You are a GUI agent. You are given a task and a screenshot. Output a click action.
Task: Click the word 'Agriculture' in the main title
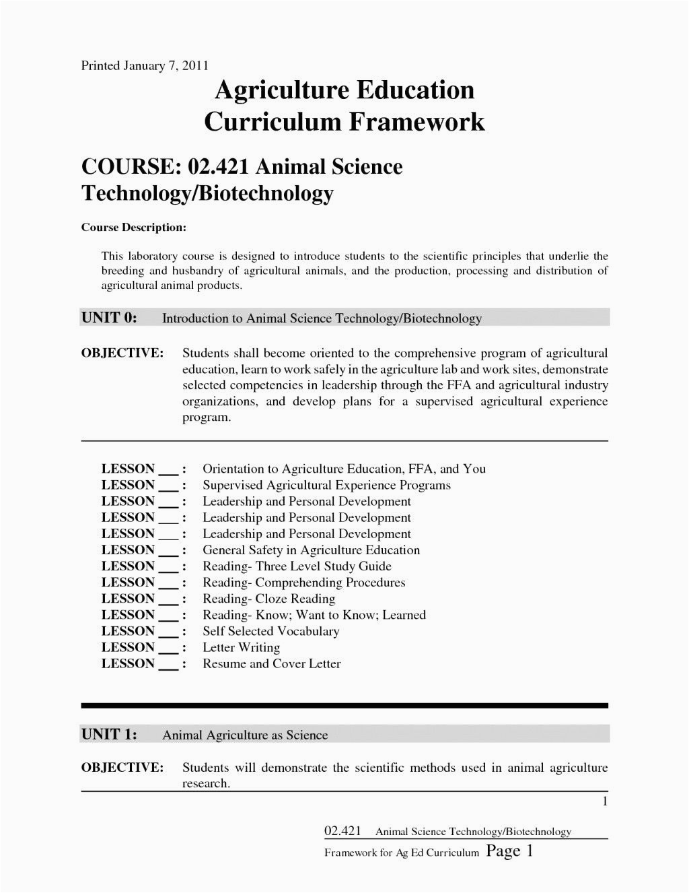click(x=277, y=90)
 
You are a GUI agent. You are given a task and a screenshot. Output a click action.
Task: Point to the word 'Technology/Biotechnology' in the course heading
click(x=207, y=193)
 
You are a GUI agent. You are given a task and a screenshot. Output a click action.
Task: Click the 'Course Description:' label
click(x=133, y=228)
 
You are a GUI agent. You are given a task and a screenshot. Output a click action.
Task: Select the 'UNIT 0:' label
click(x=109, y=318)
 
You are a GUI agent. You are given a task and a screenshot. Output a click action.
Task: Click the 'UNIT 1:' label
click(x=109, y=734)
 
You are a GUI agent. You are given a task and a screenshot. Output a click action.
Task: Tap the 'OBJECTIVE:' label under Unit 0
click(x=122, y=354)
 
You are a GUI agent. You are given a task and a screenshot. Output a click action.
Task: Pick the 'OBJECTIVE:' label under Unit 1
click(x=122, y=768)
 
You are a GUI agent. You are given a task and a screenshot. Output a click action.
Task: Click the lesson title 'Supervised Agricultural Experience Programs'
click(x=326, y=485)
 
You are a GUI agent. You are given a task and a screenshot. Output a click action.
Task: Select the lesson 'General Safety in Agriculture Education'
click(x=311, y=550)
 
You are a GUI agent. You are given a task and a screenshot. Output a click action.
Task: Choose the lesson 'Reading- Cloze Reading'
click(x=268, y=599)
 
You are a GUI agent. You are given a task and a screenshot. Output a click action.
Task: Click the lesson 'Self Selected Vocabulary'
click(x=270, y=631)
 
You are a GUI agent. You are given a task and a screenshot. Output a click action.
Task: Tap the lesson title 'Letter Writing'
click(x=241, y=647)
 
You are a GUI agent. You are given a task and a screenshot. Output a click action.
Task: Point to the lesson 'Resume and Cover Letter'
click(x=271, y=663)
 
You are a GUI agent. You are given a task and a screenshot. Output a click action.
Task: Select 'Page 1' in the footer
click(x=509, y=851)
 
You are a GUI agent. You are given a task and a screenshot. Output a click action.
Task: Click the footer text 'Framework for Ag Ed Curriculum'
click(x=401, y=853)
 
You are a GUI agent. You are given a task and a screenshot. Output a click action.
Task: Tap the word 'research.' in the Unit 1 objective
click(x=206, y=783)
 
